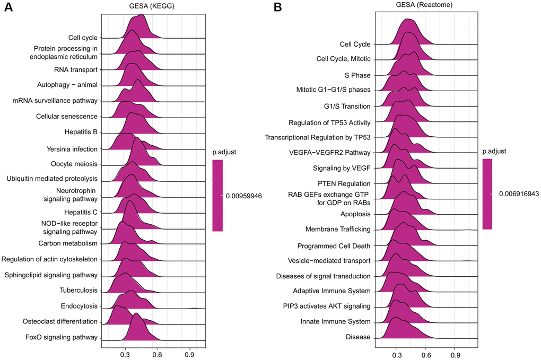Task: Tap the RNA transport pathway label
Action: (x=76, y=69)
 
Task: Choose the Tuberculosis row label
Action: (x=78, y=290)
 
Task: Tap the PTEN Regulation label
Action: (x=344, y=183)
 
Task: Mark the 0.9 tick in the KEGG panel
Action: (x=189, y=355)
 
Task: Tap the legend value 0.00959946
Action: (x=244, y=196)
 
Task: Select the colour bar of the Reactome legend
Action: (x=487, y=194)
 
